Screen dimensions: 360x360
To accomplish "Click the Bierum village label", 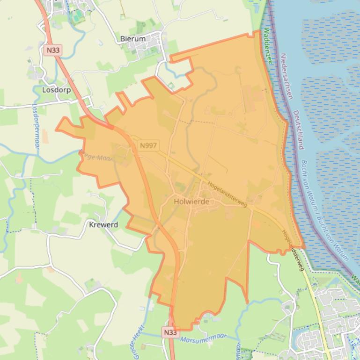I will [132, 39].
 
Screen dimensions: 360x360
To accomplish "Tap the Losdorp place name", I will [56, 89].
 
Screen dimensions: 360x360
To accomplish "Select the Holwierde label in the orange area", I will [191, 202].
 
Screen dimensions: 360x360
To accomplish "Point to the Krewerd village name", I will [103, 224].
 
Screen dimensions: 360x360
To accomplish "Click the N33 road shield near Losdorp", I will [54, 50].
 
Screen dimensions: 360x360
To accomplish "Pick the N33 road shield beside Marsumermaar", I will [170, 332].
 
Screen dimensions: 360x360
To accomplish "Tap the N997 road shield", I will [148, 145].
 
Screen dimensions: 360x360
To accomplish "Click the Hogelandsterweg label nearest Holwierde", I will [228, 194].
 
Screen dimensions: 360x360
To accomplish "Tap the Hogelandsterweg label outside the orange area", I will [293, 250].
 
